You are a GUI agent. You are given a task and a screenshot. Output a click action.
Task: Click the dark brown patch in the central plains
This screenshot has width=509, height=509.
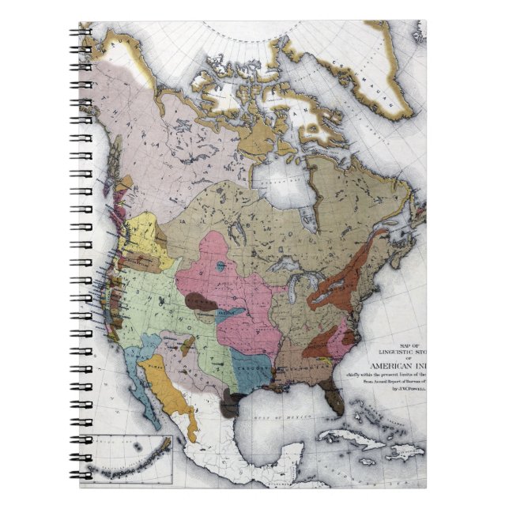coord(202,300)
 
